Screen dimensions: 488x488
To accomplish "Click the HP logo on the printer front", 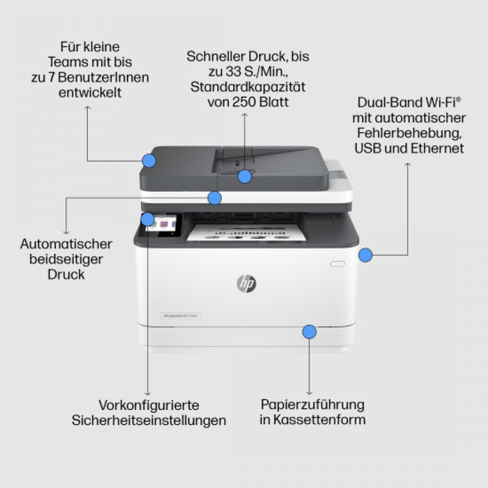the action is (x=246, y=284).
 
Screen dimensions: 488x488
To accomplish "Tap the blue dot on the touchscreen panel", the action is (x=147, y=220).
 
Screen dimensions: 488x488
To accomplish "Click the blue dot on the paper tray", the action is (x=309, y=332).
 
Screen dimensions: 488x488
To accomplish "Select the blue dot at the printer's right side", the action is (x=366, y=255).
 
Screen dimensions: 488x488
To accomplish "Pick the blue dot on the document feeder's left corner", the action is (x=149, y=161).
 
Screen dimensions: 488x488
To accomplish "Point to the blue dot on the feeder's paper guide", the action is (x=245, y=177).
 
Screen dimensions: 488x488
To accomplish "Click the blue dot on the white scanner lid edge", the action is (x=214, y=198).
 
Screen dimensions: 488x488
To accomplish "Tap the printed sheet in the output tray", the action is (x=247, y=232).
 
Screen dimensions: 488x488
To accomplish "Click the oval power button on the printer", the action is (x=337, y=264).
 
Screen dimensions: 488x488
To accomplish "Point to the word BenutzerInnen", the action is (x=103, y=78).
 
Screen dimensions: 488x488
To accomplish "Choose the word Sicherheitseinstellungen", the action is (x=149, y=421).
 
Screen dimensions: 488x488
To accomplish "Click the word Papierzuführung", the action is (x=312, y=405).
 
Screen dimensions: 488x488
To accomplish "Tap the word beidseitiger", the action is (x=66, y=260).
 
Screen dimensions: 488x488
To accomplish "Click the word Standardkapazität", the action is (x=248, y=87).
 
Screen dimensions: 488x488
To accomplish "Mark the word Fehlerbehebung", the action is (x=409, y=134).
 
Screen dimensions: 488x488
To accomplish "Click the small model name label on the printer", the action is (x=181, y=316).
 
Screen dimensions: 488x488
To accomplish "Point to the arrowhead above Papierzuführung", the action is (x=309, y=393).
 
